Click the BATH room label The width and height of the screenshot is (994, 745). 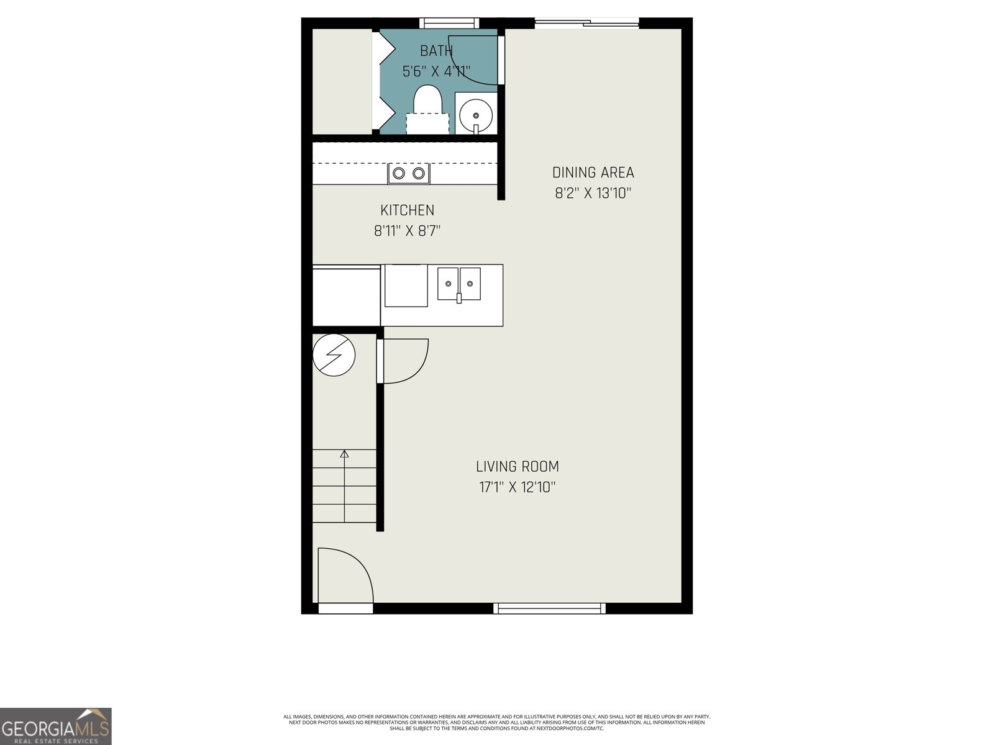point(436,51)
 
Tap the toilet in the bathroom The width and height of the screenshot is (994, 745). point(427,106)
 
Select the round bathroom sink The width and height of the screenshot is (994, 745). point(476,115)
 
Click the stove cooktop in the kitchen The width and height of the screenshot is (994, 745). point(409,173)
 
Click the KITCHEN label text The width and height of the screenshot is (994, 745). point(407,210)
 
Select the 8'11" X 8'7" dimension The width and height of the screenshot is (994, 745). point(407,232)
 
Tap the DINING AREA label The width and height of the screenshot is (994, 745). point(593,173)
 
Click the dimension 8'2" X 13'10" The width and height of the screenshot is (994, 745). point(593,193)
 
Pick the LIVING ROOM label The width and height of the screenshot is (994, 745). point(517,466)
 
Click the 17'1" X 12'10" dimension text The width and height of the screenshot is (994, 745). point(517,487)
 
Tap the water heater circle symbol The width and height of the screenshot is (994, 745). point(334,355)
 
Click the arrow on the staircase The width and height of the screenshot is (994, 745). point(344,454)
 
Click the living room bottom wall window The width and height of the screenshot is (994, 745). point(549,608)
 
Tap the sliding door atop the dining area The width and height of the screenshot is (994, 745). point(586,24)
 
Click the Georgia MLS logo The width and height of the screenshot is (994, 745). point(55,726)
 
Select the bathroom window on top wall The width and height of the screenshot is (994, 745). point(449,24)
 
